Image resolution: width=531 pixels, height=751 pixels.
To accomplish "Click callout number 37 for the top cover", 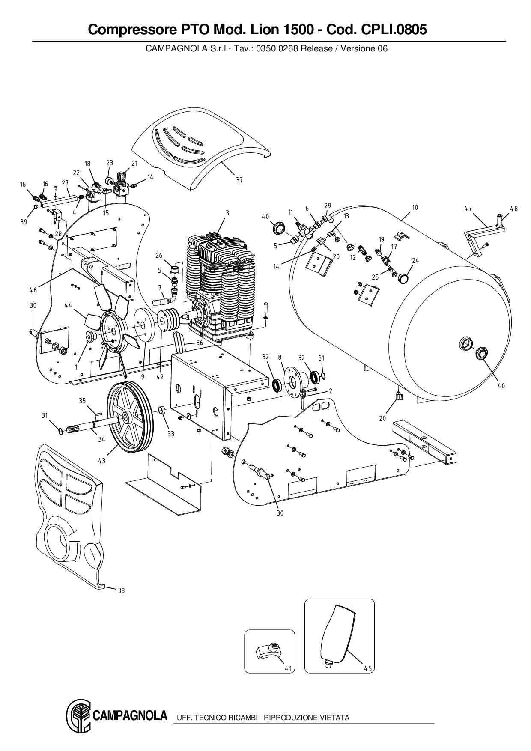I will tap(239, 180).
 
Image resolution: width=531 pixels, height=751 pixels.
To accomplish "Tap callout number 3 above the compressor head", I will tap(227, 213).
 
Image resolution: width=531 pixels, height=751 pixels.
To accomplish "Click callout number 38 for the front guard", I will tap(121, 591).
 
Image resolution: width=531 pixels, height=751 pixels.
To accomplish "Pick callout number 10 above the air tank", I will tap(415, 208).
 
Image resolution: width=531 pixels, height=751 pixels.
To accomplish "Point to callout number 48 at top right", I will tap(514, 209).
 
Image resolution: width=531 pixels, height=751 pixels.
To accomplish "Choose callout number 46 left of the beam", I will tap(33, 290).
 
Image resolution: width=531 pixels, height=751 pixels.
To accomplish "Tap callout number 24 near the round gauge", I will tap(415, 260).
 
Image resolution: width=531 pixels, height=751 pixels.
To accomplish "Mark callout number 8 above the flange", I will tap(280, 357).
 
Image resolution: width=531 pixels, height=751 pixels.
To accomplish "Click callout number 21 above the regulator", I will tap(134, 163).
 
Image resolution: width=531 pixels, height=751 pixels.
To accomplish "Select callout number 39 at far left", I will tap(23, 222).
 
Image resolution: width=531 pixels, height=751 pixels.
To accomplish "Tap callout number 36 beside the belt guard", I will tap(199, 343).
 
